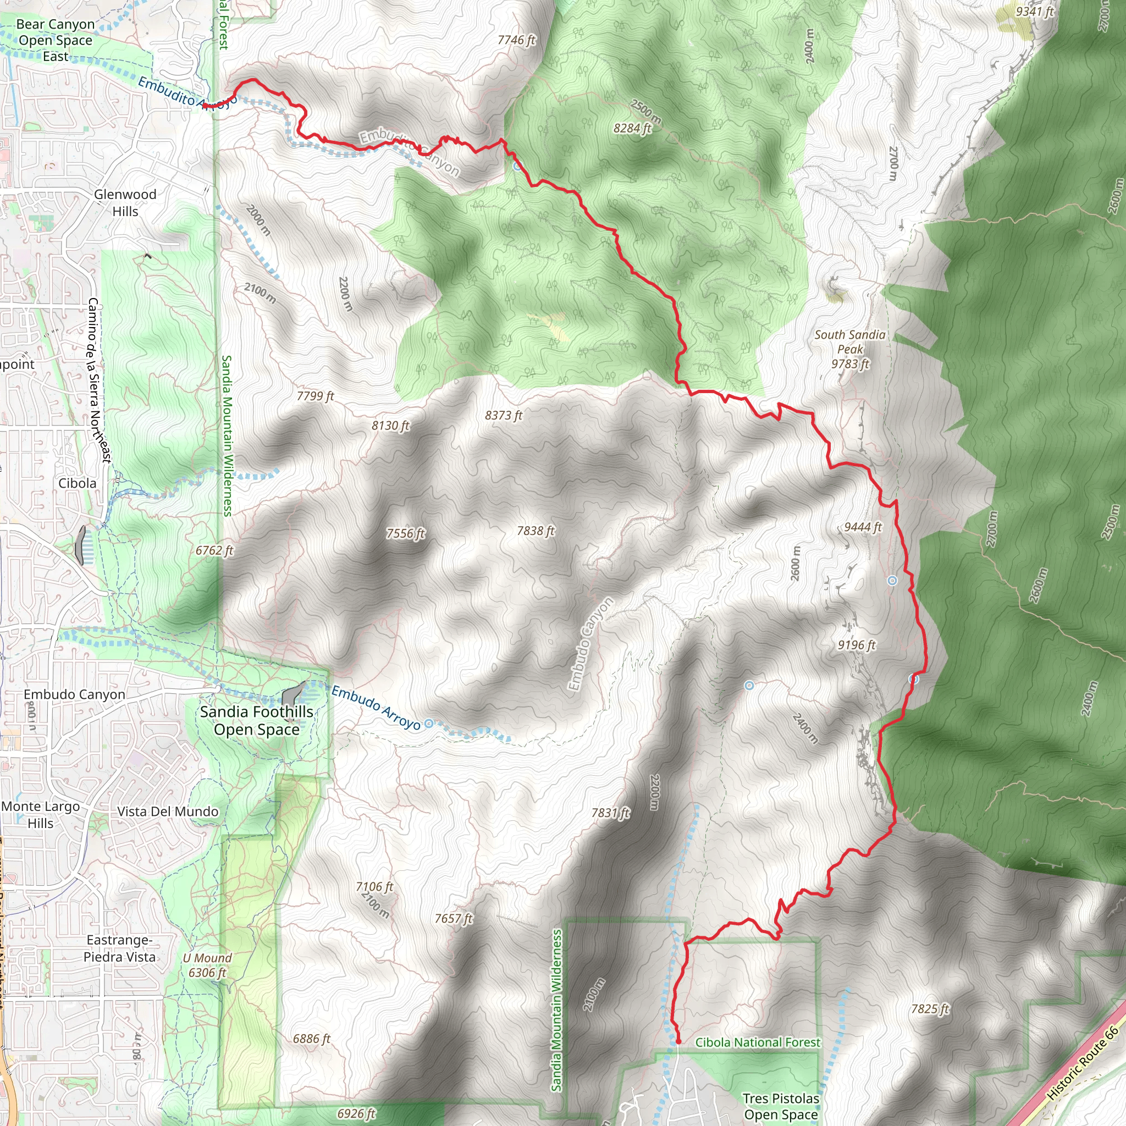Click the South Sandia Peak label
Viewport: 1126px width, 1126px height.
pyautogui.click(x=850, y=349)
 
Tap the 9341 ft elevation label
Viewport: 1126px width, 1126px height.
pyautogui.click(x=1035, y=12)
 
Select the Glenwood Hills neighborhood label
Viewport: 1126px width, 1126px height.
pyautogui.click(x=125, y=202)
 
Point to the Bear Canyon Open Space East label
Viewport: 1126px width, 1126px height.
pyautogui.click(x=55, y=40)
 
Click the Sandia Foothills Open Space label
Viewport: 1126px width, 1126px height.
pyautogui.click(x=256, y=720)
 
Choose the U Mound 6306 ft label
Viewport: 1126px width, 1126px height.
pyautogui.click(x=207, y=965)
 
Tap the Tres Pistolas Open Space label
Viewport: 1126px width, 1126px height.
pyautogui.click(x=780, y=1106)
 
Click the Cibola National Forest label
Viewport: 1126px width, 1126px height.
pyautogui.click(x=757, y=1042)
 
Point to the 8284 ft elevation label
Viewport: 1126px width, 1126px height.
pyautogui.click(x=632, y=128)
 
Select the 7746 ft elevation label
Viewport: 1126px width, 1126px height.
pyautogui.click(x=516, y=40)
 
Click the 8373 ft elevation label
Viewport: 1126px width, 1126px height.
pyautogui.click(x=504, y=415)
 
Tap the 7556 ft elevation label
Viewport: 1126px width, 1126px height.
pyautogui.click(x=406, y=533)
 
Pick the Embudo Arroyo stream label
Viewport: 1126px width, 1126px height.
pyautogui.click(x=376, y=708)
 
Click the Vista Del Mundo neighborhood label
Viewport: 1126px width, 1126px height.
pyautogui.click(x=168, y=812)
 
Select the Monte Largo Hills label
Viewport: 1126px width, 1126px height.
pyautogui.click(x=41, y=815)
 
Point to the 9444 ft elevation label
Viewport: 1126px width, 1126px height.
pyautogui.click(x=863, y=527)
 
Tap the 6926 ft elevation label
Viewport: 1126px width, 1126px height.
pyautogui.click(x=356, y=1113)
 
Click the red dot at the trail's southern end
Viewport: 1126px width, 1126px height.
pyautogui.click(x=678, y=1041)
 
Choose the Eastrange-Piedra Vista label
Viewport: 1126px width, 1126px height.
pyautogui.click(x=119, y=948)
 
